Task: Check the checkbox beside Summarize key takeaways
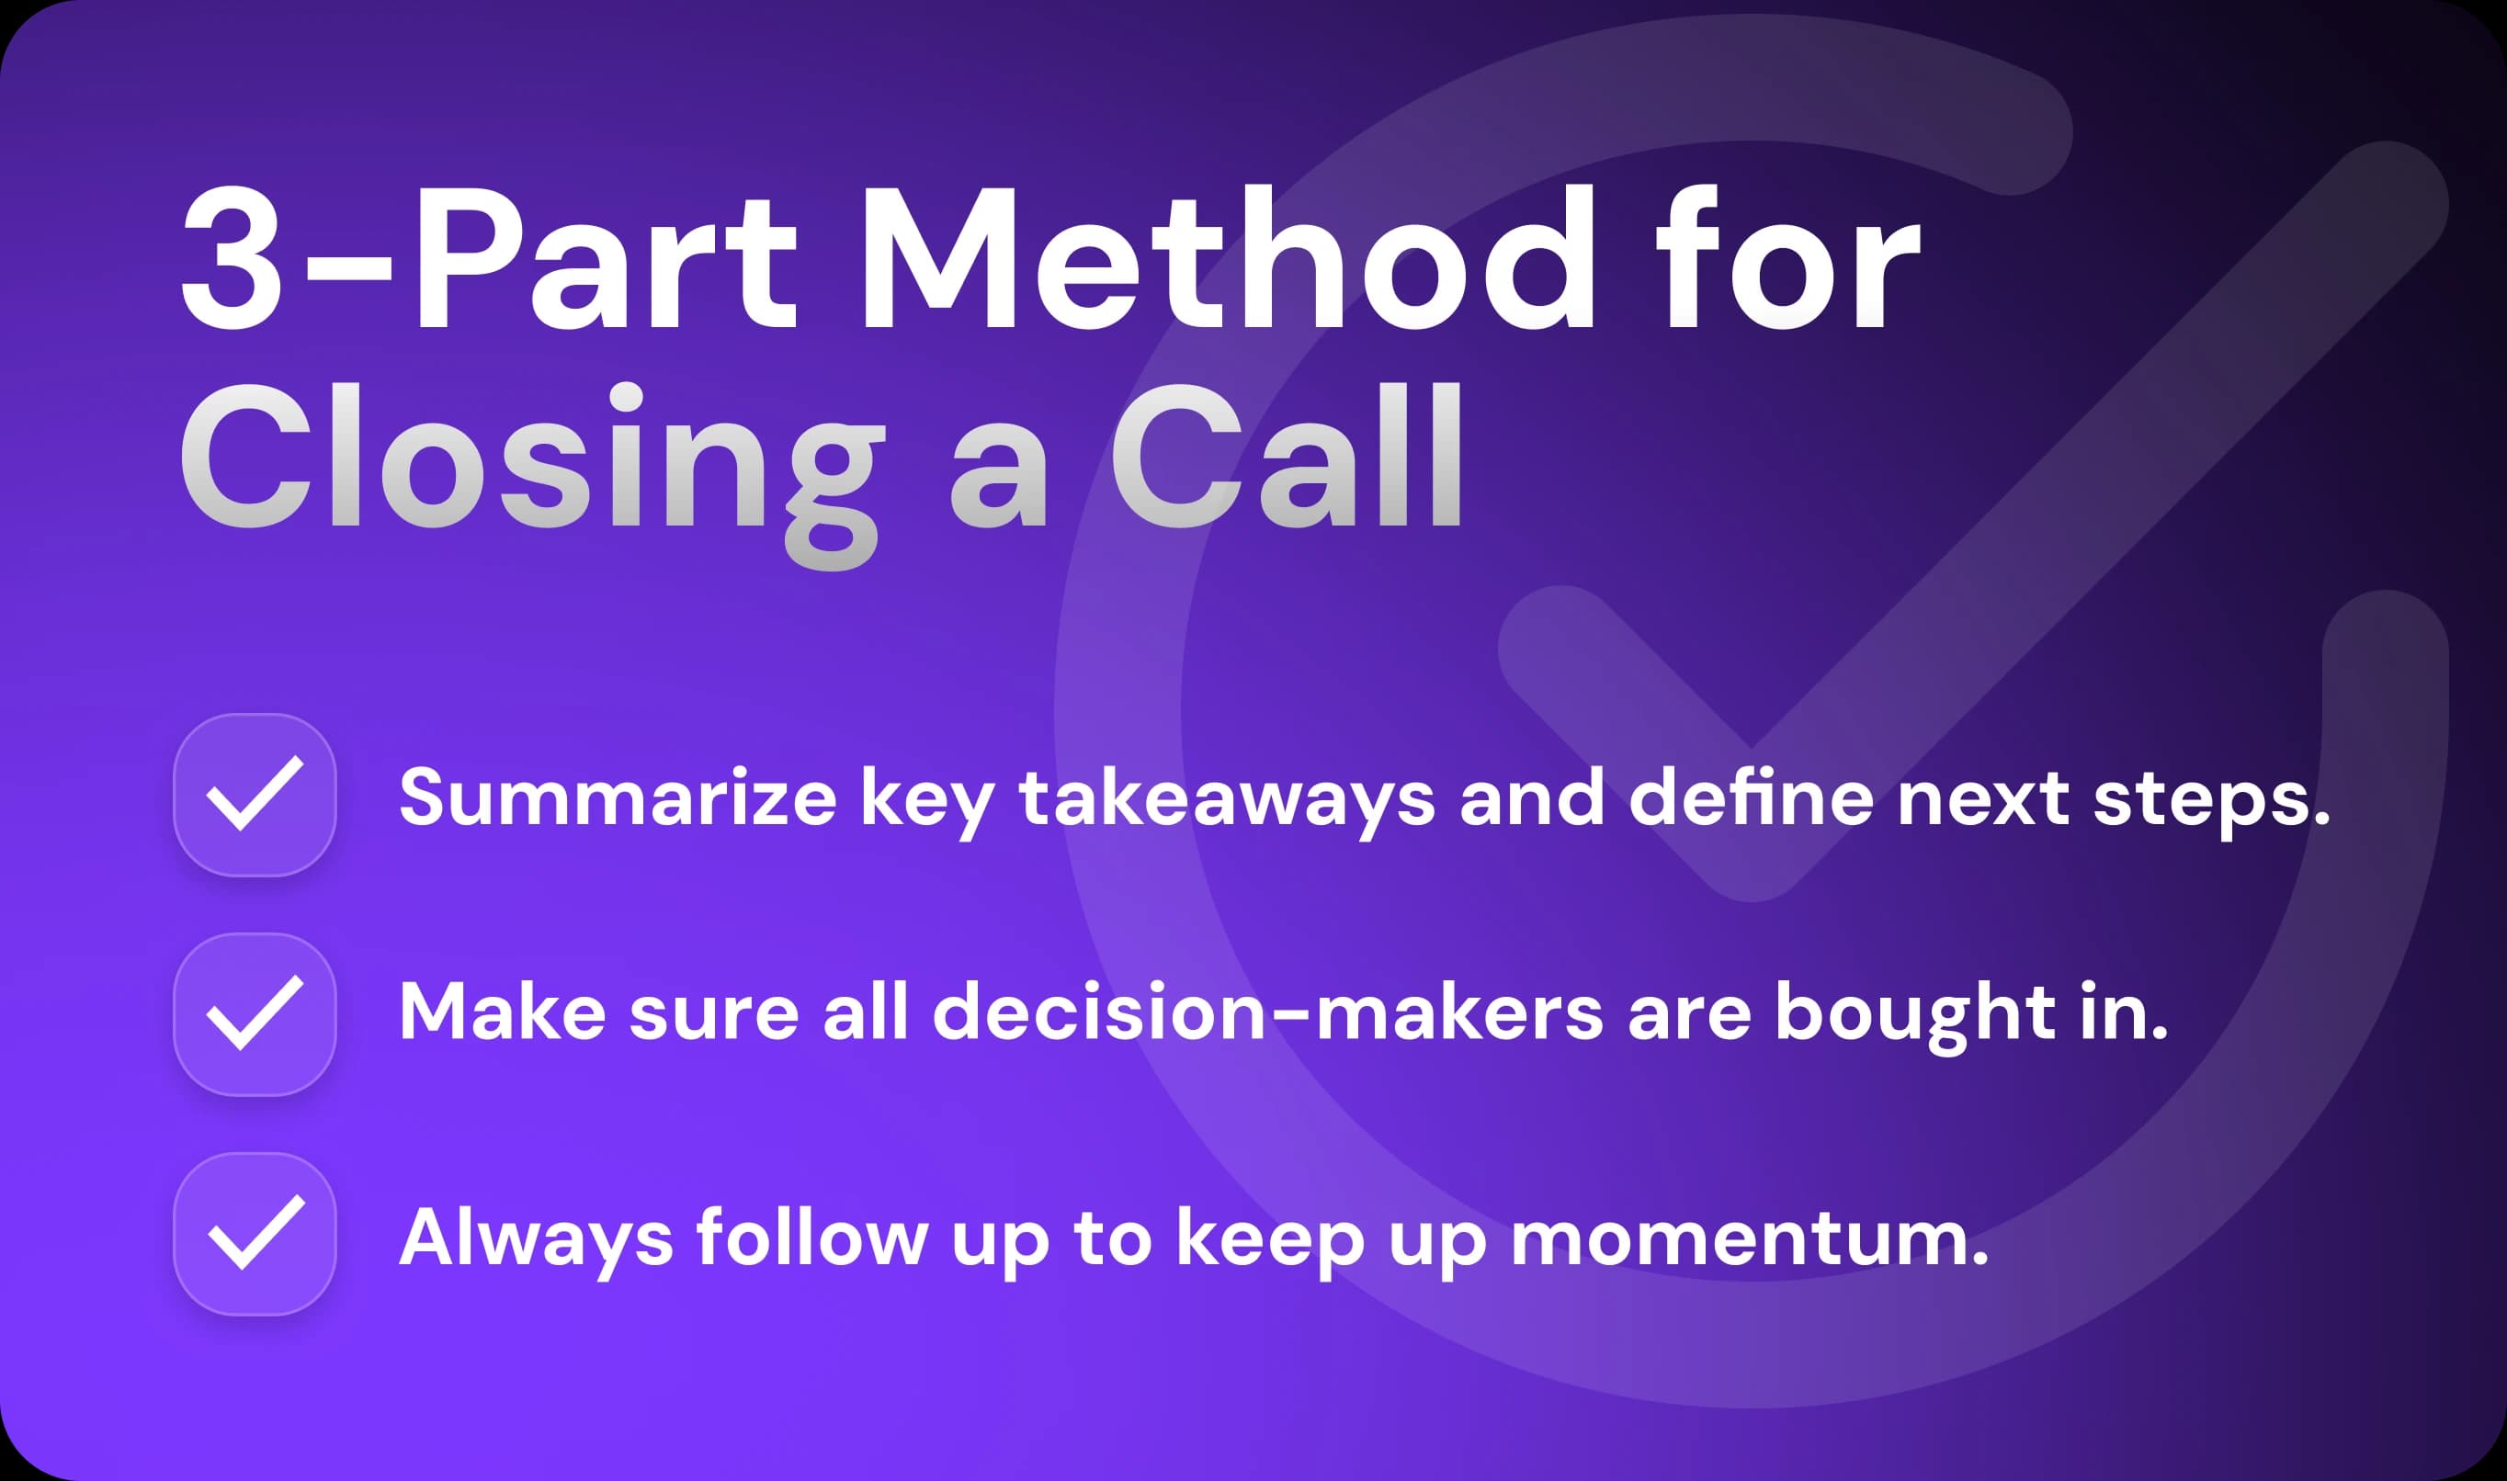255,795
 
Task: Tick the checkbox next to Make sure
255,1014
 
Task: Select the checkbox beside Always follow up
255,1234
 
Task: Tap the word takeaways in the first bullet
1227,798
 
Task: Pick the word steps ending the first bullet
2210,798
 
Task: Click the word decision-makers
1267,1013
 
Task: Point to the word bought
1915,1013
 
